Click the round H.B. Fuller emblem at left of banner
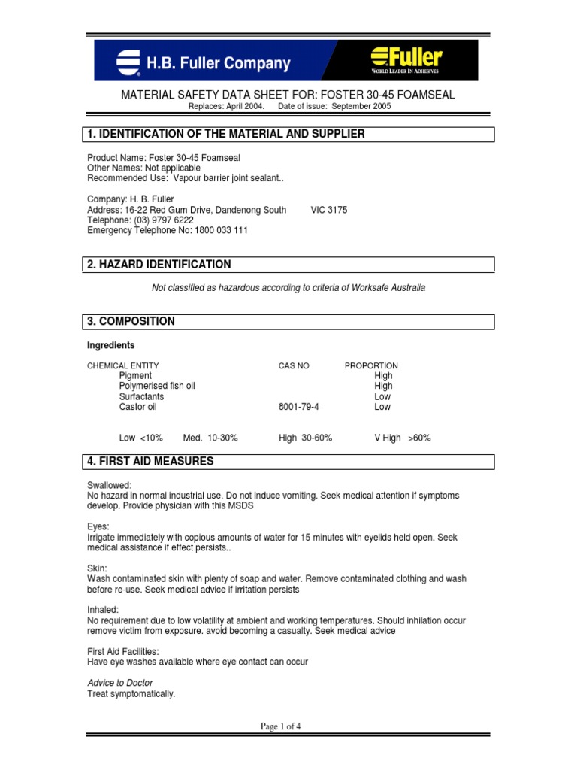point(128,62)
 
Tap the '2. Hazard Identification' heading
point(160,265)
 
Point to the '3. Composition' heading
point(131,321)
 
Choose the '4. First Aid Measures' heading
point(151,461)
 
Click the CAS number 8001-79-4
point(298,407)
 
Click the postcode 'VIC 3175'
point(329,210)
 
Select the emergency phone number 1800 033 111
point(210,231)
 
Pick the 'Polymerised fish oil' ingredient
point(157,386)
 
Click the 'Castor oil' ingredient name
point(137,407)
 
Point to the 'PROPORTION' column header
point(371,365)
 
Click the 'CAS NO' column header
point(294,365)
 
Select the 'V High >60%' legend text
point(403,438)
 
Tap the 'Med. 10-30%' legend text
point(210,438)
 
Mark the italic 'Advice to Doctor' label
point(120,683)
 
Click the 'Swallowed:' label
point(110,486)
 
